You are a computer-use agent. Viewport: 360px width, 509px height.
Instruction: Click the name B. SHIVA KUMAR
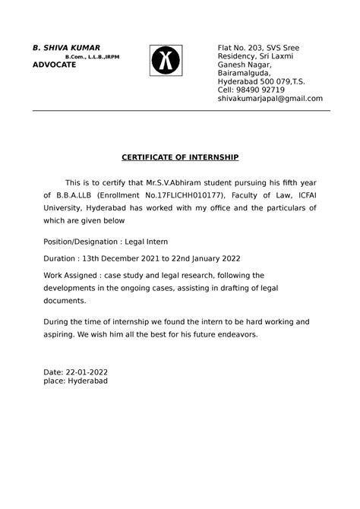coord(66,48)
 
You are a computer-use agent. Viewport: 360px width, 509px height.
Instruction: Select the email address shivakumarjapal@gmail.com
coord(270,99)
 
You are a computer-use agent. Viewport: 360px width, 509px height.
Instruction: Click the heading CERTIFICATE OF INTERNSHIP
coord(181,157)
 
